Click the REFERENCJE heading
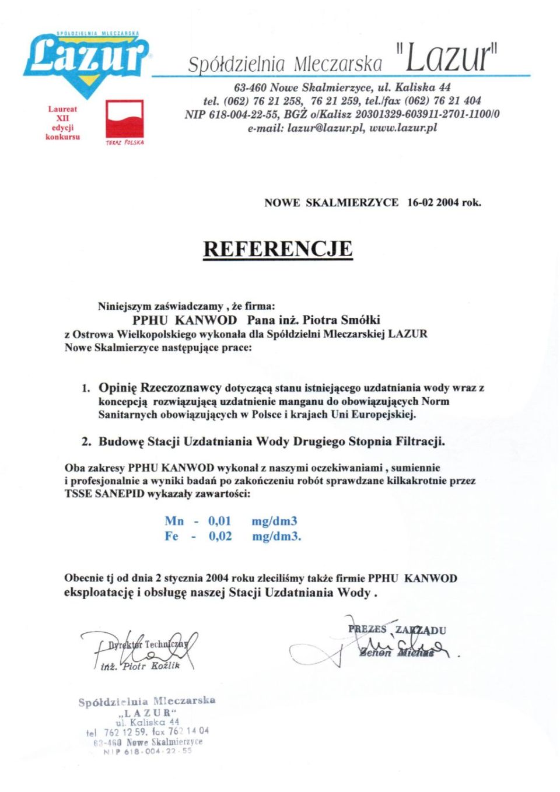[x=278, y=249]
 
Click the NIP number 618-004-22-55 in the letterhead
[x=244, y=114]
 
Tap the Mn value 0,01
[x=220, y=521]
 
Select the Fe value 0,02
[x=220, y=536]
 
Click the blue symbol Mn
[x=174, y=521]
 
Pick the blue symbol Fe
[x=171, y=536]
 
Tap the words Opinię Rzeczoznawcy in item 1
[x=160, y=388]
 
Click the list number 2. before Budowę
[x=86, y=441]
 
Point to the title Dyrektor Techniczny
[x=148, y=644]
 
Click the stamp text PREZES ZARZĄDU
[x=397, y=630]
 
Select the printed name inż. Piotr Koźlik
[x=140, y=666]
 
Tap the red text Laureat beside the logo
[x=62, y=109]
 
